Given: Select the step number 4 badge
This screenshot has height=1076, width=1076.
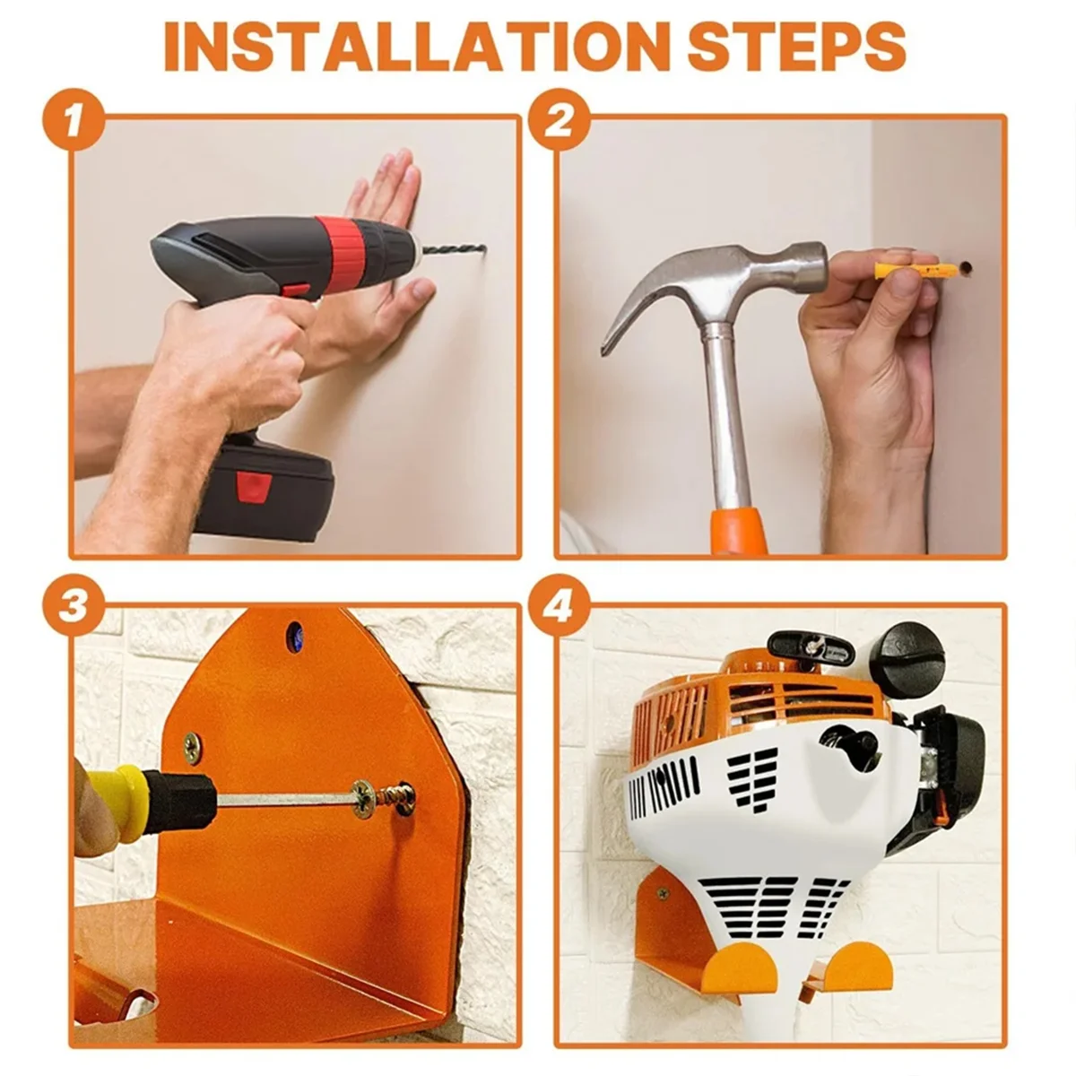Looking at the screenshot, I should [x=558, y=607].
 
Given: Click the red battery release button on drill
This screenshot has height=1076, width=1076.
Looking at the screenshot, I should [x=254, y=490].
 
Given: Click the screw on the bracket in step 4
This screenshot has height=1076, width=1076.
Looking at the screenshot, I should [x=663, y=894].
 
